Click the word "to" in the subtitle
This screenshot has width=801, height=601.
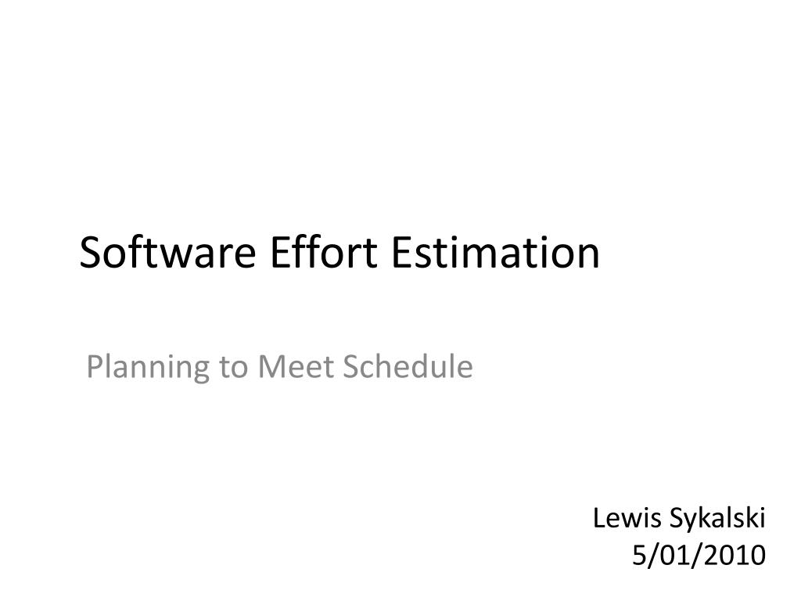click(233, 367)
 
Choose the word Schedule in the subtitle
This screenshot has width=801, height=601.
click(408, 366)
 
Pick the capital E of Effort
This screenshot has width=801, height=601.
click(277, 253)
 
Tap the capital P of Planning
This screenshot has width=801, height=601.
click(93, 366)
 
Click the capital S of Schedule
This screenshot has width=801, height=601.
click(350, 366)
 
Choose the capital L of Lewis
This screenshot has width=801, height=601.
click(598, 517)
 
